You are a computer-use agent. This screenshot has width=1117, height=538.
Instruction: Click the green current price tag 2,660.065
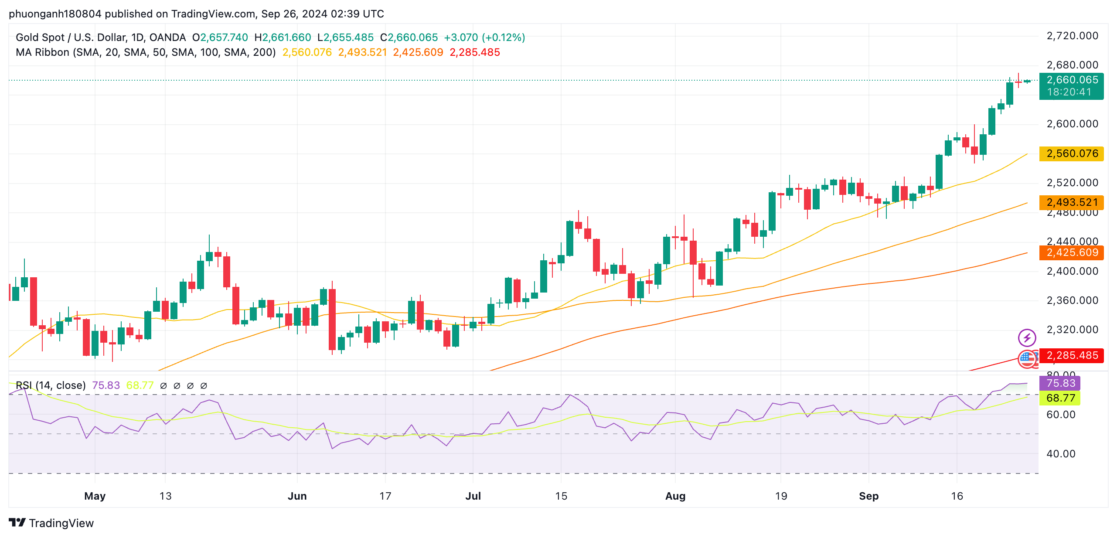click(1071, 80)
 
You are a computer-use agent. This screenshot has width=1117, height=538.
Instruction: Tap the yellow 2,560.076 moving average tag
click(1071, 154)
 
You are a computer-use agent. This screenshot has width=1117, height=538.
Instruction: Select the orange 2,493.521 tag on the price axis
click(1071, 202)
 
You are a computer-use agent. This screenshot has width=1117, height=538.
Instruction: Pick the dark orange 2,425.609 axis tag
click(1071, 253)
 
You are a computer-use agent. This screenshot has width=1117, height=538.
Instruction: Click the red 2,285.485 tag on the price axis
click(1071, 356)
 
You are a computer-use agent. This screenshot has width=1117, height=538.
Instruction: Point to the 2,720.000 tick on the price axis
click(1072, 36)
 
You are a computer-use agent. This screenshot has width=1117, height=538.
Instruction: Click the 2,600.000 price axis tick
click(1072, 124)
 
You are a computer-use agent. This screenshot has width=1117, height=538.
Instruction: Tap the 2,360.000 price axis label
click(1072, 301)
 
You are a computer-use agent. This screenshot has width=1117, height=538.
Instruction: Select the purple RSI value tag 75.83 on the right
click(1060, 384)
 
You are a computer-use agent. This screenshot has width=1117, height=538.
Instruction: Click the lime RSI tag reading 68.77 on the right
click(1060, 398)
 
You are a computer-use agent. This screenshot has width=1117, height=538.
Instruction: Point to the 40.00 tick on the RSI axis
click(1061, 454)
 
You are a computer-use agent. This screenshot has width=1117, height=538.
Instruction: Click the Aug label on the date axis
click(675, 496)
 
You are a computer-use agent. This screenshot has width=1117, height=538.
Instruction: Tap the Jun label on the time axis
click(297, 496)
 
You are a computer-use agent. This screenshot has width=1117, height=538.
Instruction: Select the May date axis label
click(95, 496)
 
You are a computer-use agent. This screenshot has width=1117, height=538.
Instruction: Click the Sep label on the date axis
click(868, 496)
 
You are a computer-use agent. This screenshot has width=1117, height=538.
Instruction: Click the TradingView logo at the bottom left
click(51, 523)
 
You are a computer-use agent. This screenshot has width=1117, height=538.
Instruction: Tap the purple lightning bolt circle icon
click(1027, 338)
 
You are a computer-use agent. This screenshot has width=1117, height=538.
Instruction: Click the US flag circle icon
click(1027, 359)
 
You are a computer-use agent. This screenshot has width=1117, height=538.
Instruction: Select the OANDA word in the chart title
click(167, 38)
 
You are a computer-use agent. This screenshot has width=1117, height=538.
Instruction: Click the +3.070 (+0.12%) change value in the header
click(484, 38)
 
